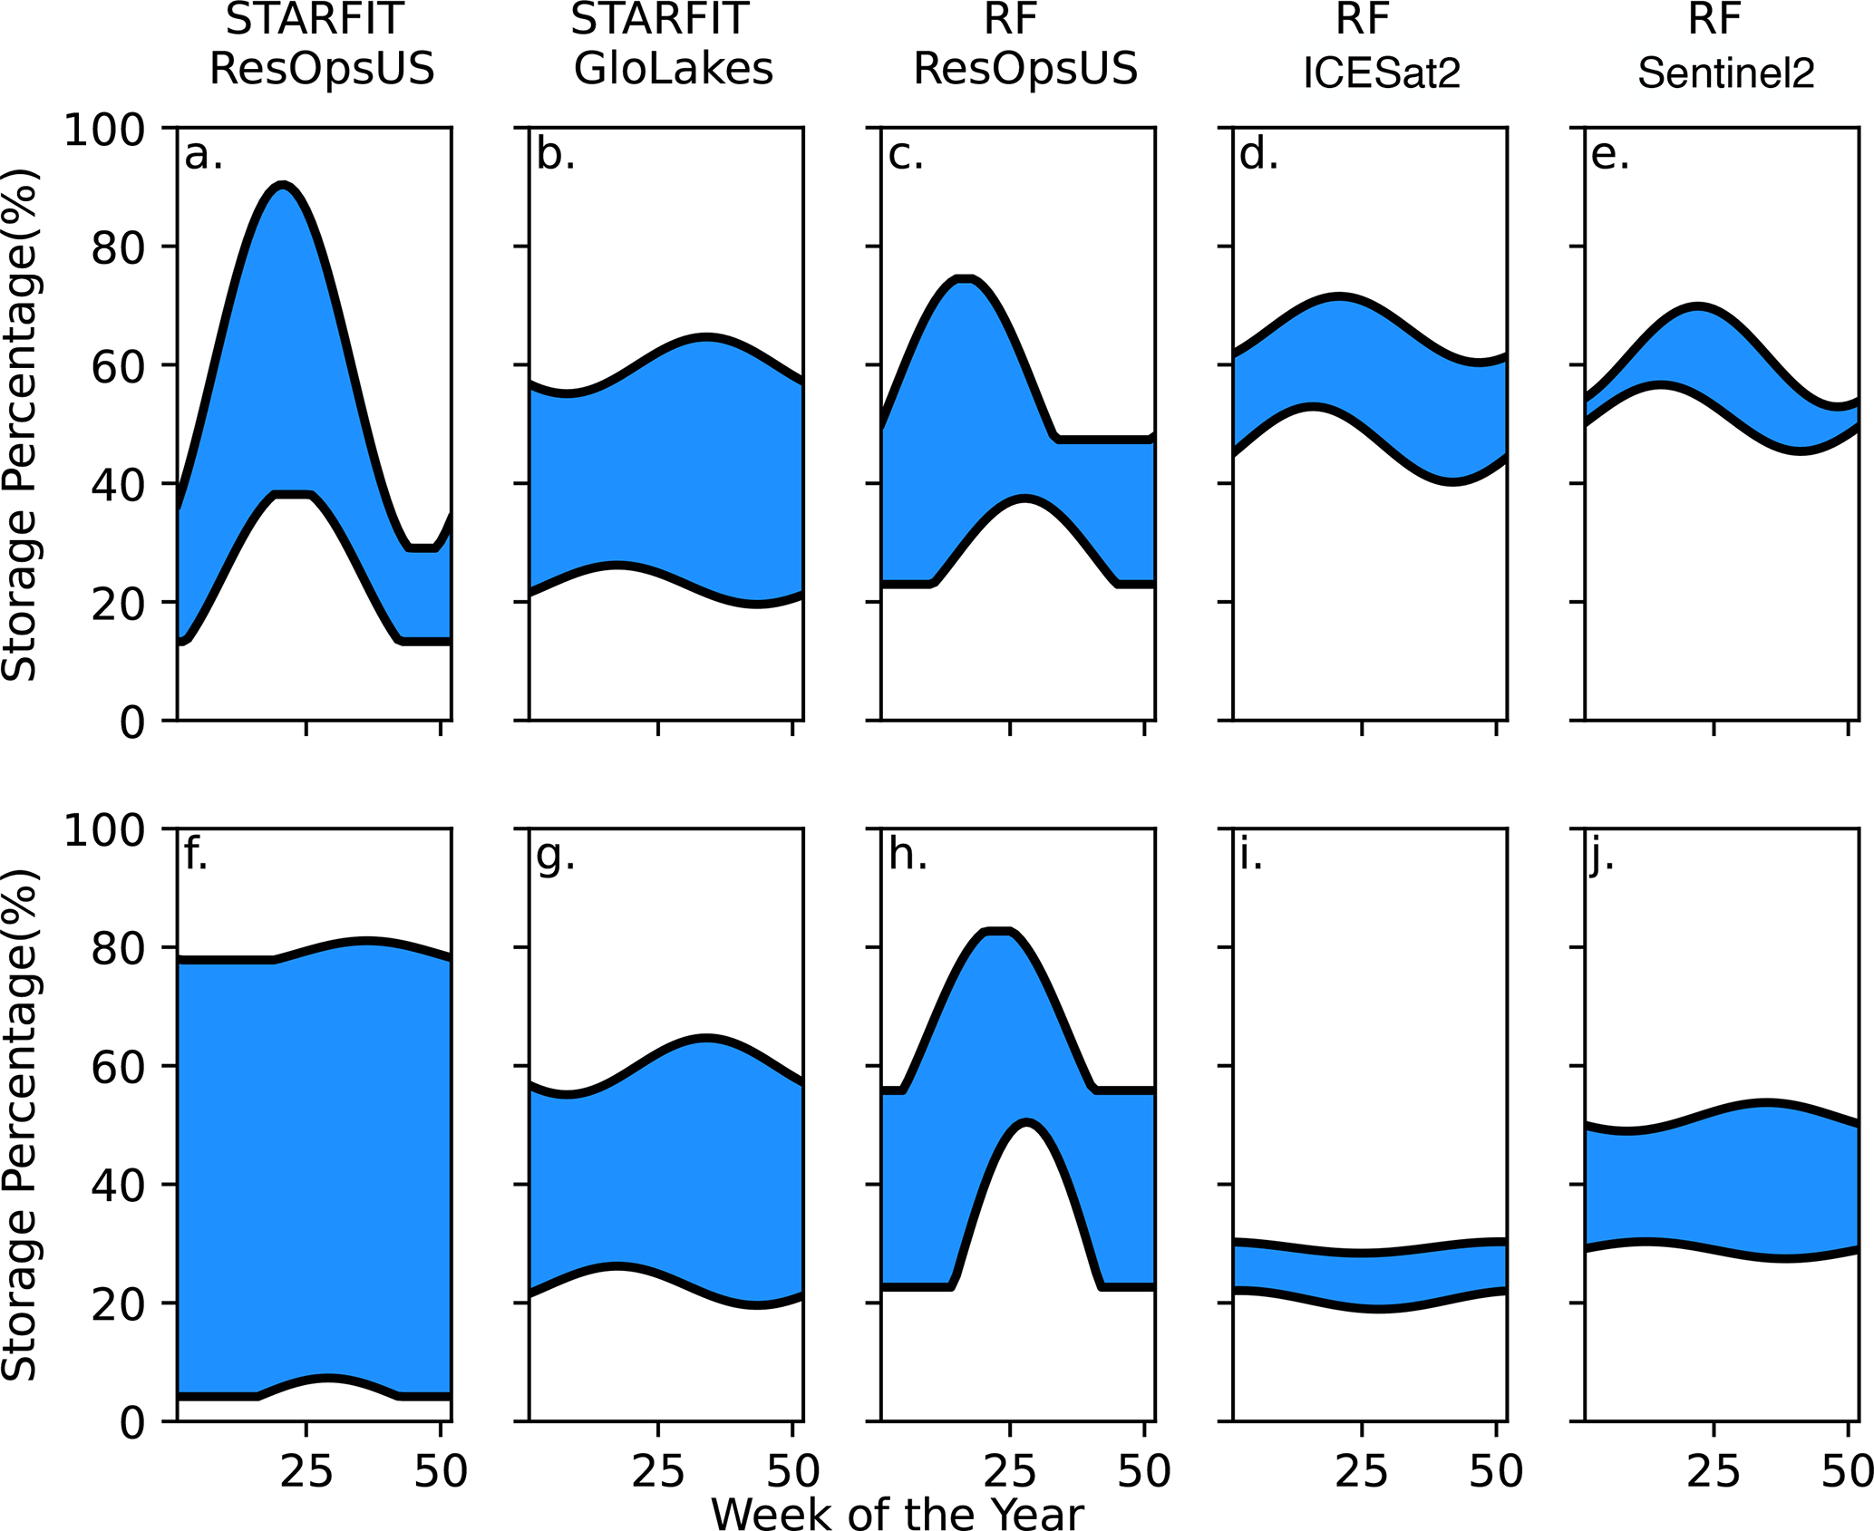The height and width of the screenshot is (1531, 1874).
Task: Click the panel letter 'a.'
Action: pos(203,155)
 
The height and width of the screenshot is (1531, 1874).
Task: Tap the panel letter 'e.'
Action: pos(1610,155)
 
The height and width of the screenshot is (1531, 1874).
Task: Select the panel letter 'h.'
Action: pos(908,855)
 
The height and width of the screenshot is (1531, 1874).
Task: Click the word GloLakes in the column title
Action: pos(674,69)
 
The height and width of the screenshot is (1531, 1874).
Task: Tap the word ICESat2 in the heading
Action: pos(1382,73)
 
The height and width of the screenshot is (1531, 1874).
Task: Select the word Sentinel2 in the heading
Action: pos(1725,73)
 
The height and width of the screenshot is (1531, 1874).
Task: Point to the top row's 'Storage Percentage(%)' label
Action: pos(20,424)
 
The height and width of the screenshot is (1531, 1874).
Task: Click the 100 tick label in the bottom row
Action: pos(104,829)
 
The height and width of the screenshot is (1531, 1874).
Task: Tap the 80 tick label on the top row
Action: pos(118,247)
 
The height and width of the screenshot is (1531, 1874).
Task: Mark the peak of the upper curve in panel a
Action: pos(284,186)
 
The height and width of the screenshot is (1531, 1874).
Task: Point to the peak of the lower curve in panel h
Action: pos(1025,1124)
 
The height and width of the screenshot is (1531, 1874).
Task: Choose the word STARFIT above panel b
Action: pos(659,18)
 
